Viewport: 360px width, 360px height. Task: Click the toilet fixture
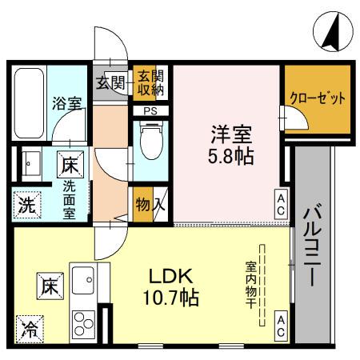click(x=148, y=142)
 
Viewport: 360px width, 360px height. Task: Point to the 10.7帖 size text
click(x=173, y=299)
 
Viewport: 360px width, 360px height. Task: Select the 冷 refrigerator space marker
click(x=28, y=328)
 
